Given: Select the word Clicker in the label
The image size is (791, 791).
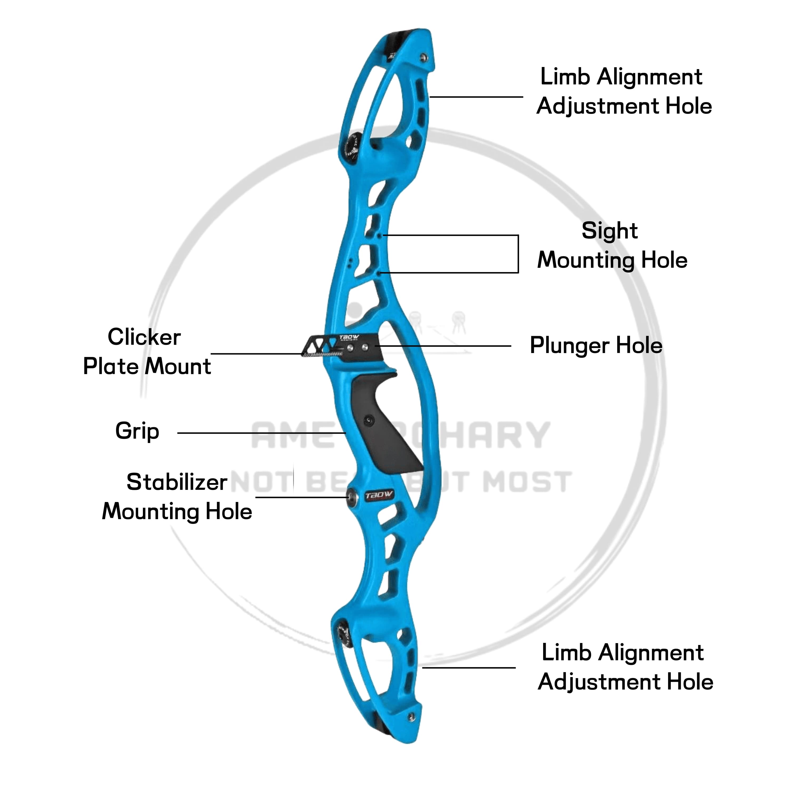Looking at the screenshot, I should point(144,337).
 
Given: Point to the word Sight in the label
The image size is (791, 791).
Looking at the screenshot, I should point(609,231).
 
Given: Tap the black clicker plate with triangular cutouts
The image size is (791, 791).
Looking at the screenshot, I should point(319,345).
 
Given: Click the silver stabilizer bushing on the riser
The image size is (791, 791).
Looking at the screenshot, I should point(351,497).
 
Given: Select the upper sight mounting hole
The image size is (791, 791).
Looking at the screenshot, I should point(379,235).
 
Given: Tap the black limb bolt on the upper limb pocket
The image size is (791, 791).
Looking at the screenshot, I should point(351,145).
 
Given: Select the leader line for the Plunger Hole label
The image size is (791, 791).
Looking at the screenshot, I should point(442,346).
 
